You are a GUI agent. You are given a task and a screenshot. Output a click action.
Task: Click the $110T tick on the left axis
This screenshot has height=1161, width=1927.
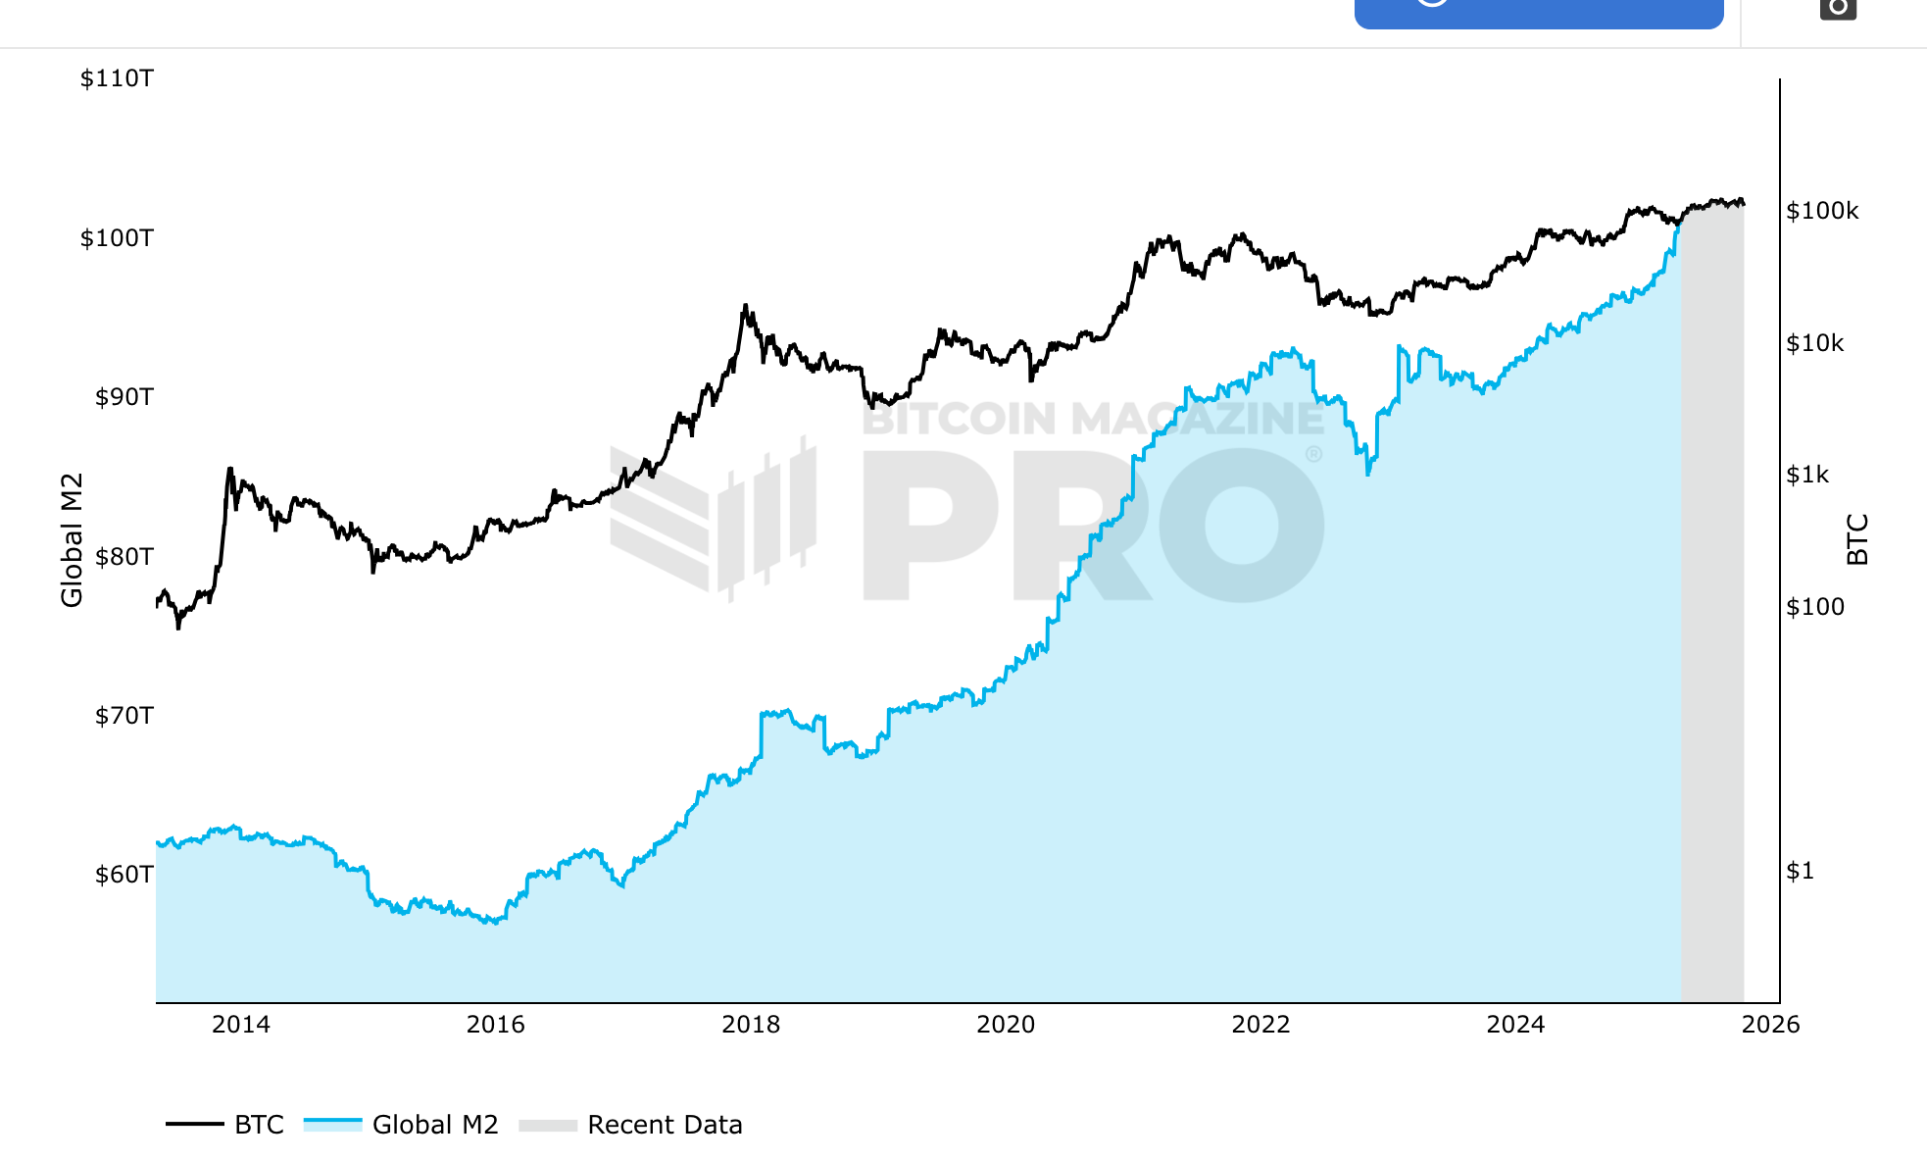(117, 78)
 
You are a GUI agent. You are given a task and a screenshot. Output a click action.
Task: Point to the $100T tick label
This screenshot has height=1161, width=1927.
(117, 238)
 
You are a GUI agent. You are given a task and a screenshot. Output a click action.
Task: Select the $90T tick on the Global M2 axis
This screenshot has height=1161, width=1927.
(124, 397)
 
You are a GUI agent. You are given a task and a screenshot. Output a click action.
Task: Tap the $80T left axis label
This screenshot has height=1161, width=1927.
(124, 557)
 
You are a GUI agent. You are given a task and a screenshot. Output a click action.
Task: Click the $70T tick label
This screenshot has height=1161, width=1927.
(124, 716)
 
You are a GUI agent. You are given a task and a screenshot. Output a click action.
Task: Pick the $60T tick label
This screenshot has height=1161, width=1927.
(124, 875)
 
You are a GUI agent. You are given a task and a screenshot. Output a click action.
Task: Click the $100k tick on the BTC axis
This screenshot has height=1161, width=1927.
(1822, 211)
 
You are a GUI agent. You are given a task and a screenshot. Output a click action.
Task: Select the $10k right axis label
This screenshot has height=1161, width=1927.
(1815, 343)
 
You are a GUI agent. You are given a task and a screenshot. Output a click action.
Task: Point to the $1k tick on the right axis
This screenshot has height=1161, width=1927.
(1807, 475)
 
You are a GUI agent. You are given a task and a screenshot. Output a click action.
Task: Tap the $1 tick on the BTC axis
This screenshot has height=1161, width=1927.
(1800, 871)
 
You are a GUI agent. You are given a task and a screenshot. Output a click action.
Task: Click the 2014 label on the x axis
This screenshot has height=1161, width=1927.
(241, 1025)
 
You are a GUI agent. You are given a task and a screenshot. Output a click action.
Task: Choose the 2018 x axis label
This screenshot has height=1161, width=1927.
(751, 1025)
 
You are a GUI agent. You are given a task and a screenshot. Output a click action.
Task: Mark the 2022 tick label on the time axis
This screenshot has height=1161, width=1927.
(1260, 1025)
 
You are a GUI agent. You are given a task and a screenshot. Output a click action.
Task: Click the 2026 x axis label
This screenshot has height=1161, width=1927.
(1770, 1025)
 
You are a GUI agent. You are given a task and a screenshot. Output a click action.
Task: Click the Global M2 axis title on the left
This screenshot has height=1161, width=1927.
(73, 540)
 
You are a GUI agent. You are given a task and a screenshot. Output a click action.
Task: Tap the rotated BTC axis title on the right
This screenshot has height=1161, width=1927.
(1857, 539)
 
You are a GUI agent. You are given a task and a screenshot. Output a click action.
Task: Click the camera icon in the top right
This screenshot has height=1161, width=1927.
(1838, 8)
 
